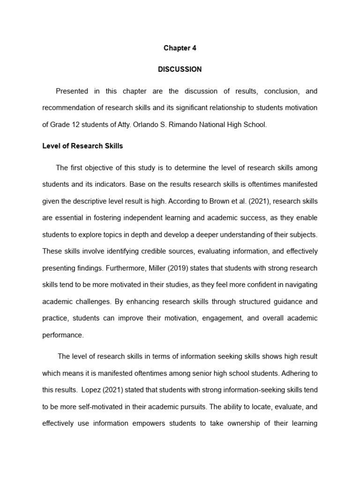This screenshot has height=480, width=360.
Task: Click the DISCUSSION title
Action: pos(180,69)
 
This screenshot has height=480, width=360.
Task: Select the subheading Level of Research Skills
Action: pos(82,146)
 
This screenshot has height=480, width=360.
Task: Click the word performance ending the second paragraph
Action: pos(63,335)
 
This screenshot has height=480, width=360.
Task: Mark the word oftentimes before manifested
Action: pos(265,185)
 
